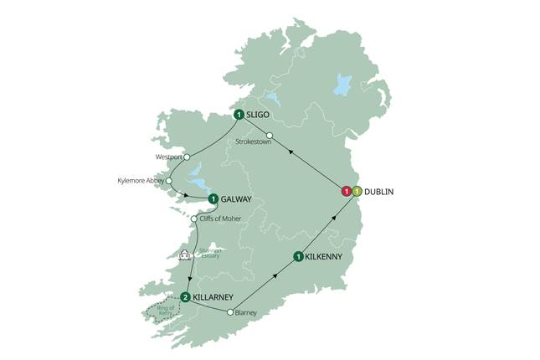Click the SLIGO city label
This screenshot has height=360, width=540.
click(262, 115)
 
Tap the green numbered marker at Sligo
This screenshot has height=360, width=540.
click(239, 115)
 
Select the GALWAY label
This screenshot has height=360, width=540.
click(237, 199)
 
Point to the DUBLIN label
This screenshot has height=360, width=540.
click(381, 192)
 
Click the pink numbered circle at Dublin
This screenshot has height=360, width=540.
click(345, 192)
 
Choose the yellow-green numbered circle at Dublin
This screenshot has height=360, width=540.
click(357, 192)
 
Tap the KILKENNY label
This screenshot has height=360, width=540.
click(327, 256)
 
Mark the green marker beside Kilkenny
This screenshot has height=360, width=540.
click(297, 256)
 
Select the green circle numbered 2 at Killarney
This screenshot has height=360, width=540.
click(185, 296)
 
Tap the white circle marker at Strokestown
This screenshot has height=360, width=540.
click(270, 136)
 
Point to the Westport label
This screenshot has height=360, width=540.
click(168, 157)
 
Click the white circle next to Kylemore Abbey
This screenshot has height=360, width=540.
click(169, 180)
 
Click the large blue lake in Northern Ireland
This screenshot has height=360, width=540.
click(342, 84)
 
